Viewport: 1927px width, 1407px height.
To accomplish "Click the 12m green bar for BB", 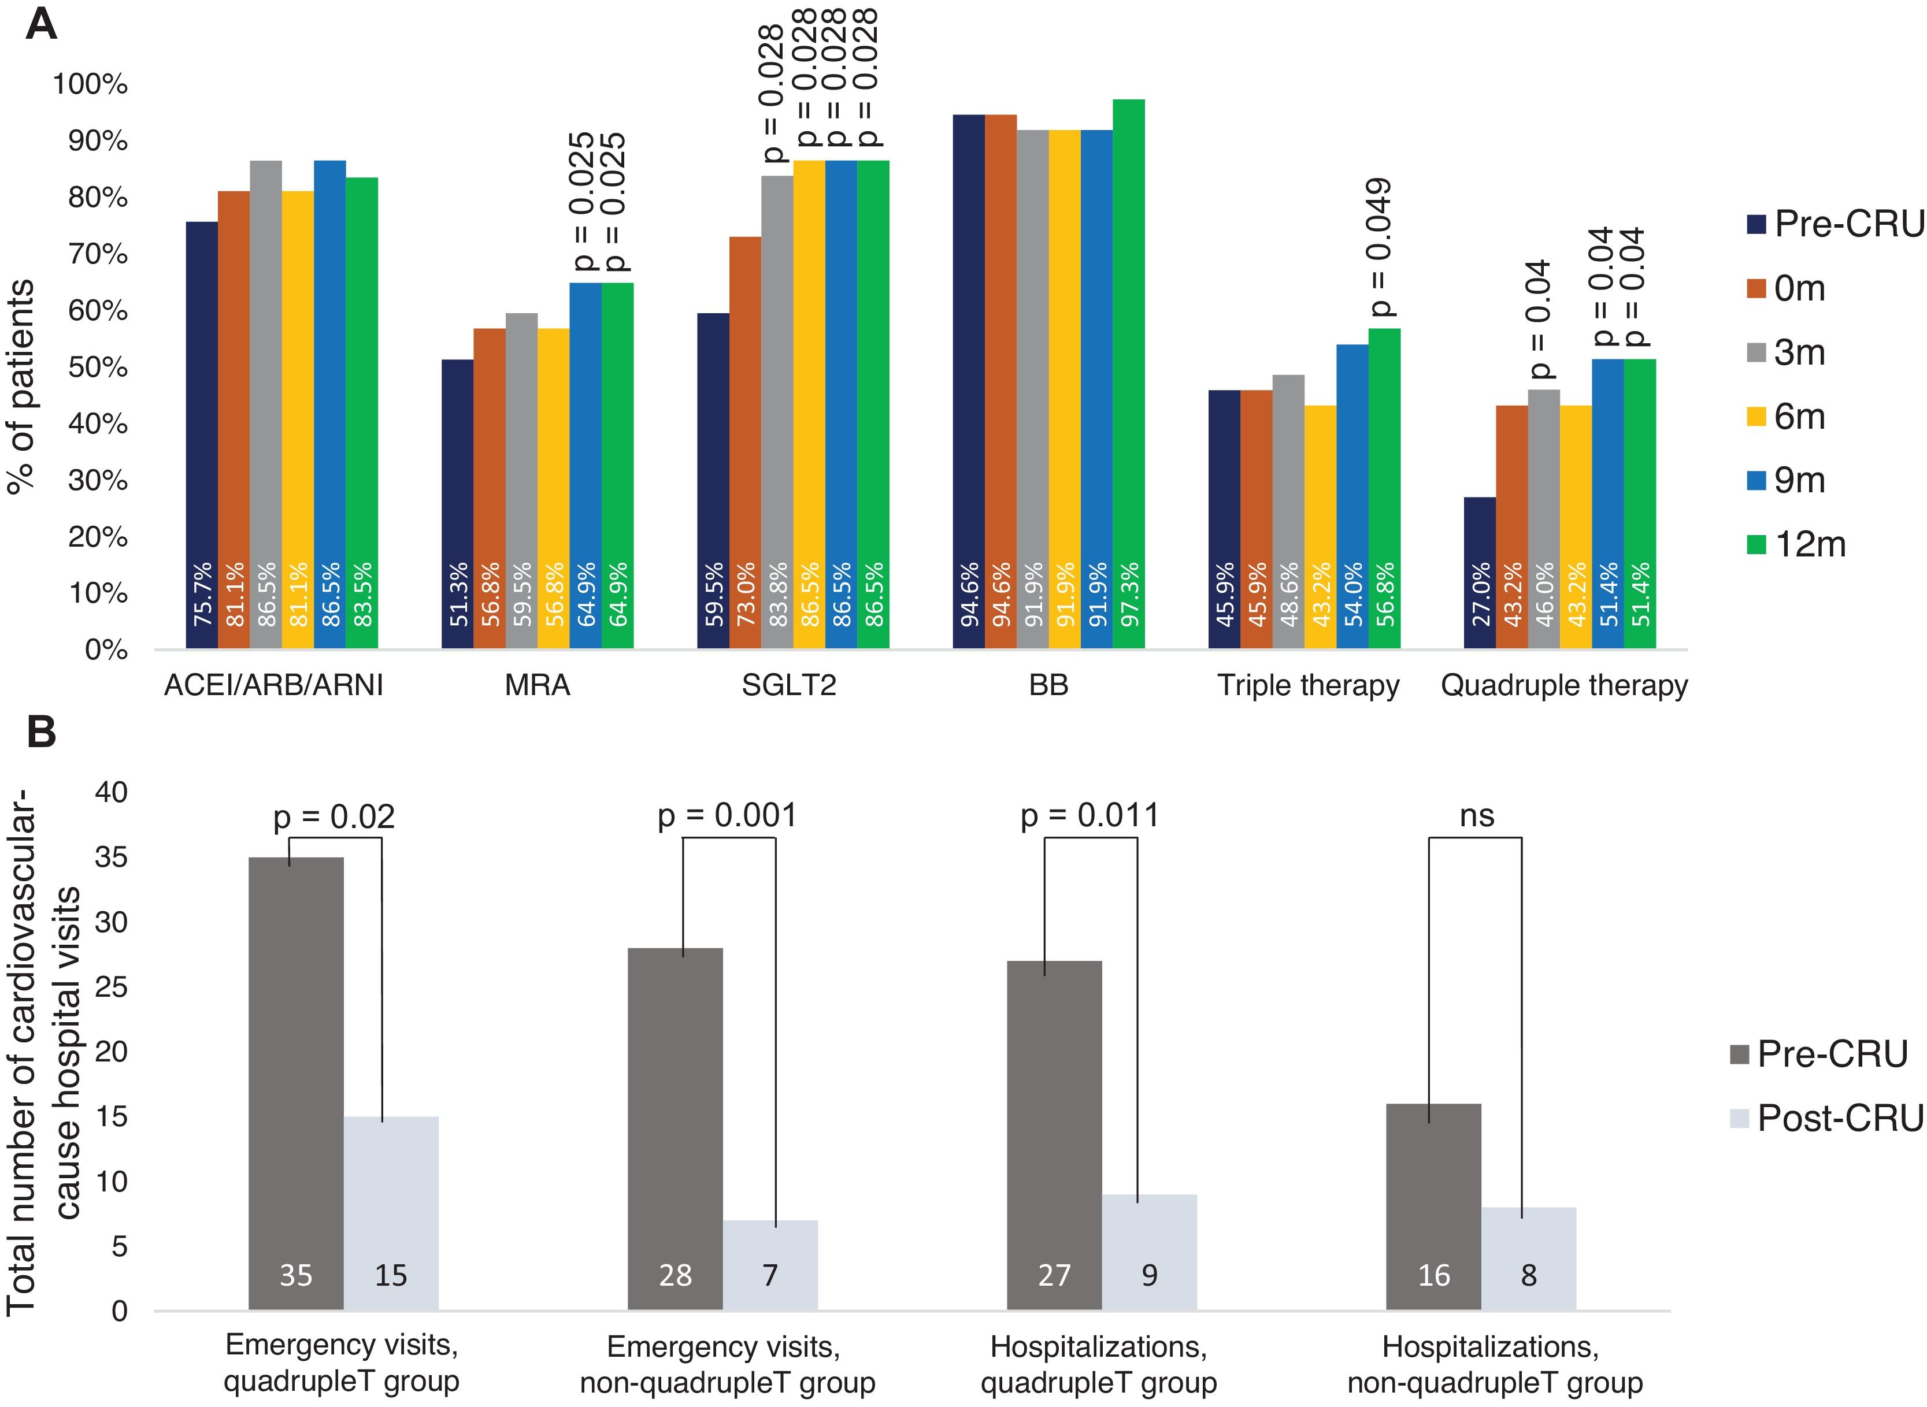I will pos(1129,375).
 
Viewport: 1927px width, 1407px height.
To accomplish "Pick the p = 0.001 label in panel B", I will pos(728,815).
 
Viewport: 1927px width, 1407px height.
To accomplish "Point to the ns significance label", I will pos(1476,815).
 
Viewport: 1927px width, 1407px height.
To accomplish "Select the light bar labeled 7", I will pos(770,1265).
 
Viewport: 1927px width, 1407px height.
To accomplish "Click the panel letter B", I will pos(41,732).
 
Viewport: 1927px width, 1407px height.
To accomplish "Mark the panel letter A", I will pos(41,24).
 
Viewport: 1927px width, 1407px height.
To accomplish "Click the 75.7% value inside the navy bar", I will pos(202,595).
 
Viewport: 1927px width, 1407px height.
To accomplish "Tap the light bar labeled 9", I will pos(1149,1253).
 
